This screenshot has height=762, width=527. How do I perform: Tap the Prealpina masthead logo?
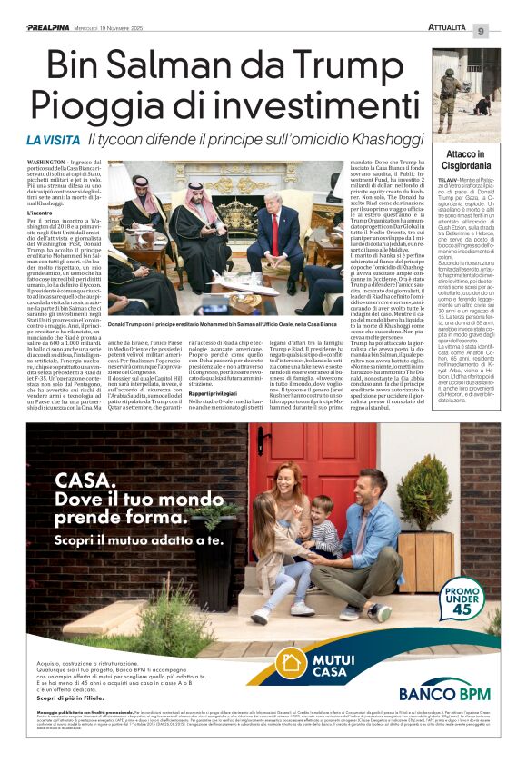[x=54, y=28]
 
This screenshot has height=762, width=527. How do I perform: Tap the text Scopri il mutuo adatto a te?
[x=138, y=539]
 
